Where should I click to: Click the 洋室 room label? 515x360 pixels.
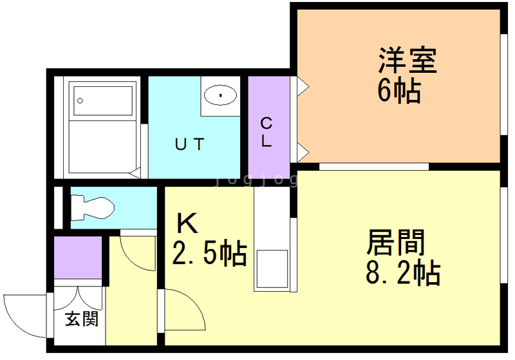click(x=407, y=62)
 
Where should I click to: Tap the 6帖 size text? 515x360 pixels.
click(x=399, y=92)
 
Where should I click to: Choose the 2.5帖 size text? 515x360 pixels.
click(x=209, y=253)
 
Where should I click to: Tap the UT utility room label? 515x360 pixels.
click(x=190, y=145)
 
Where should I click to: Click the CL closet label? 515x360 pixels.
click(x=266, y=132)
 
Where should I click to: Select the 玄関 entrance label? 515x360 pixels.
click(x=82, y=318)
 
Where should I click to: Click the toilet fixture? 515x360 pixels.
click(x=92, y=207)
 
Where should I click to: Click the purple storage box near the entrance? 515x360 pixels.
click(x=78, y=258)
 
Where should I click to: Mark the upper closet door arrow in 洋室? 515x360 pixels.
click(x=301, y=85)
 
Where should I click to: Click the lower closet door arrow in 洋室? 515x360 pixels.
click(x=301, y=153)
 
